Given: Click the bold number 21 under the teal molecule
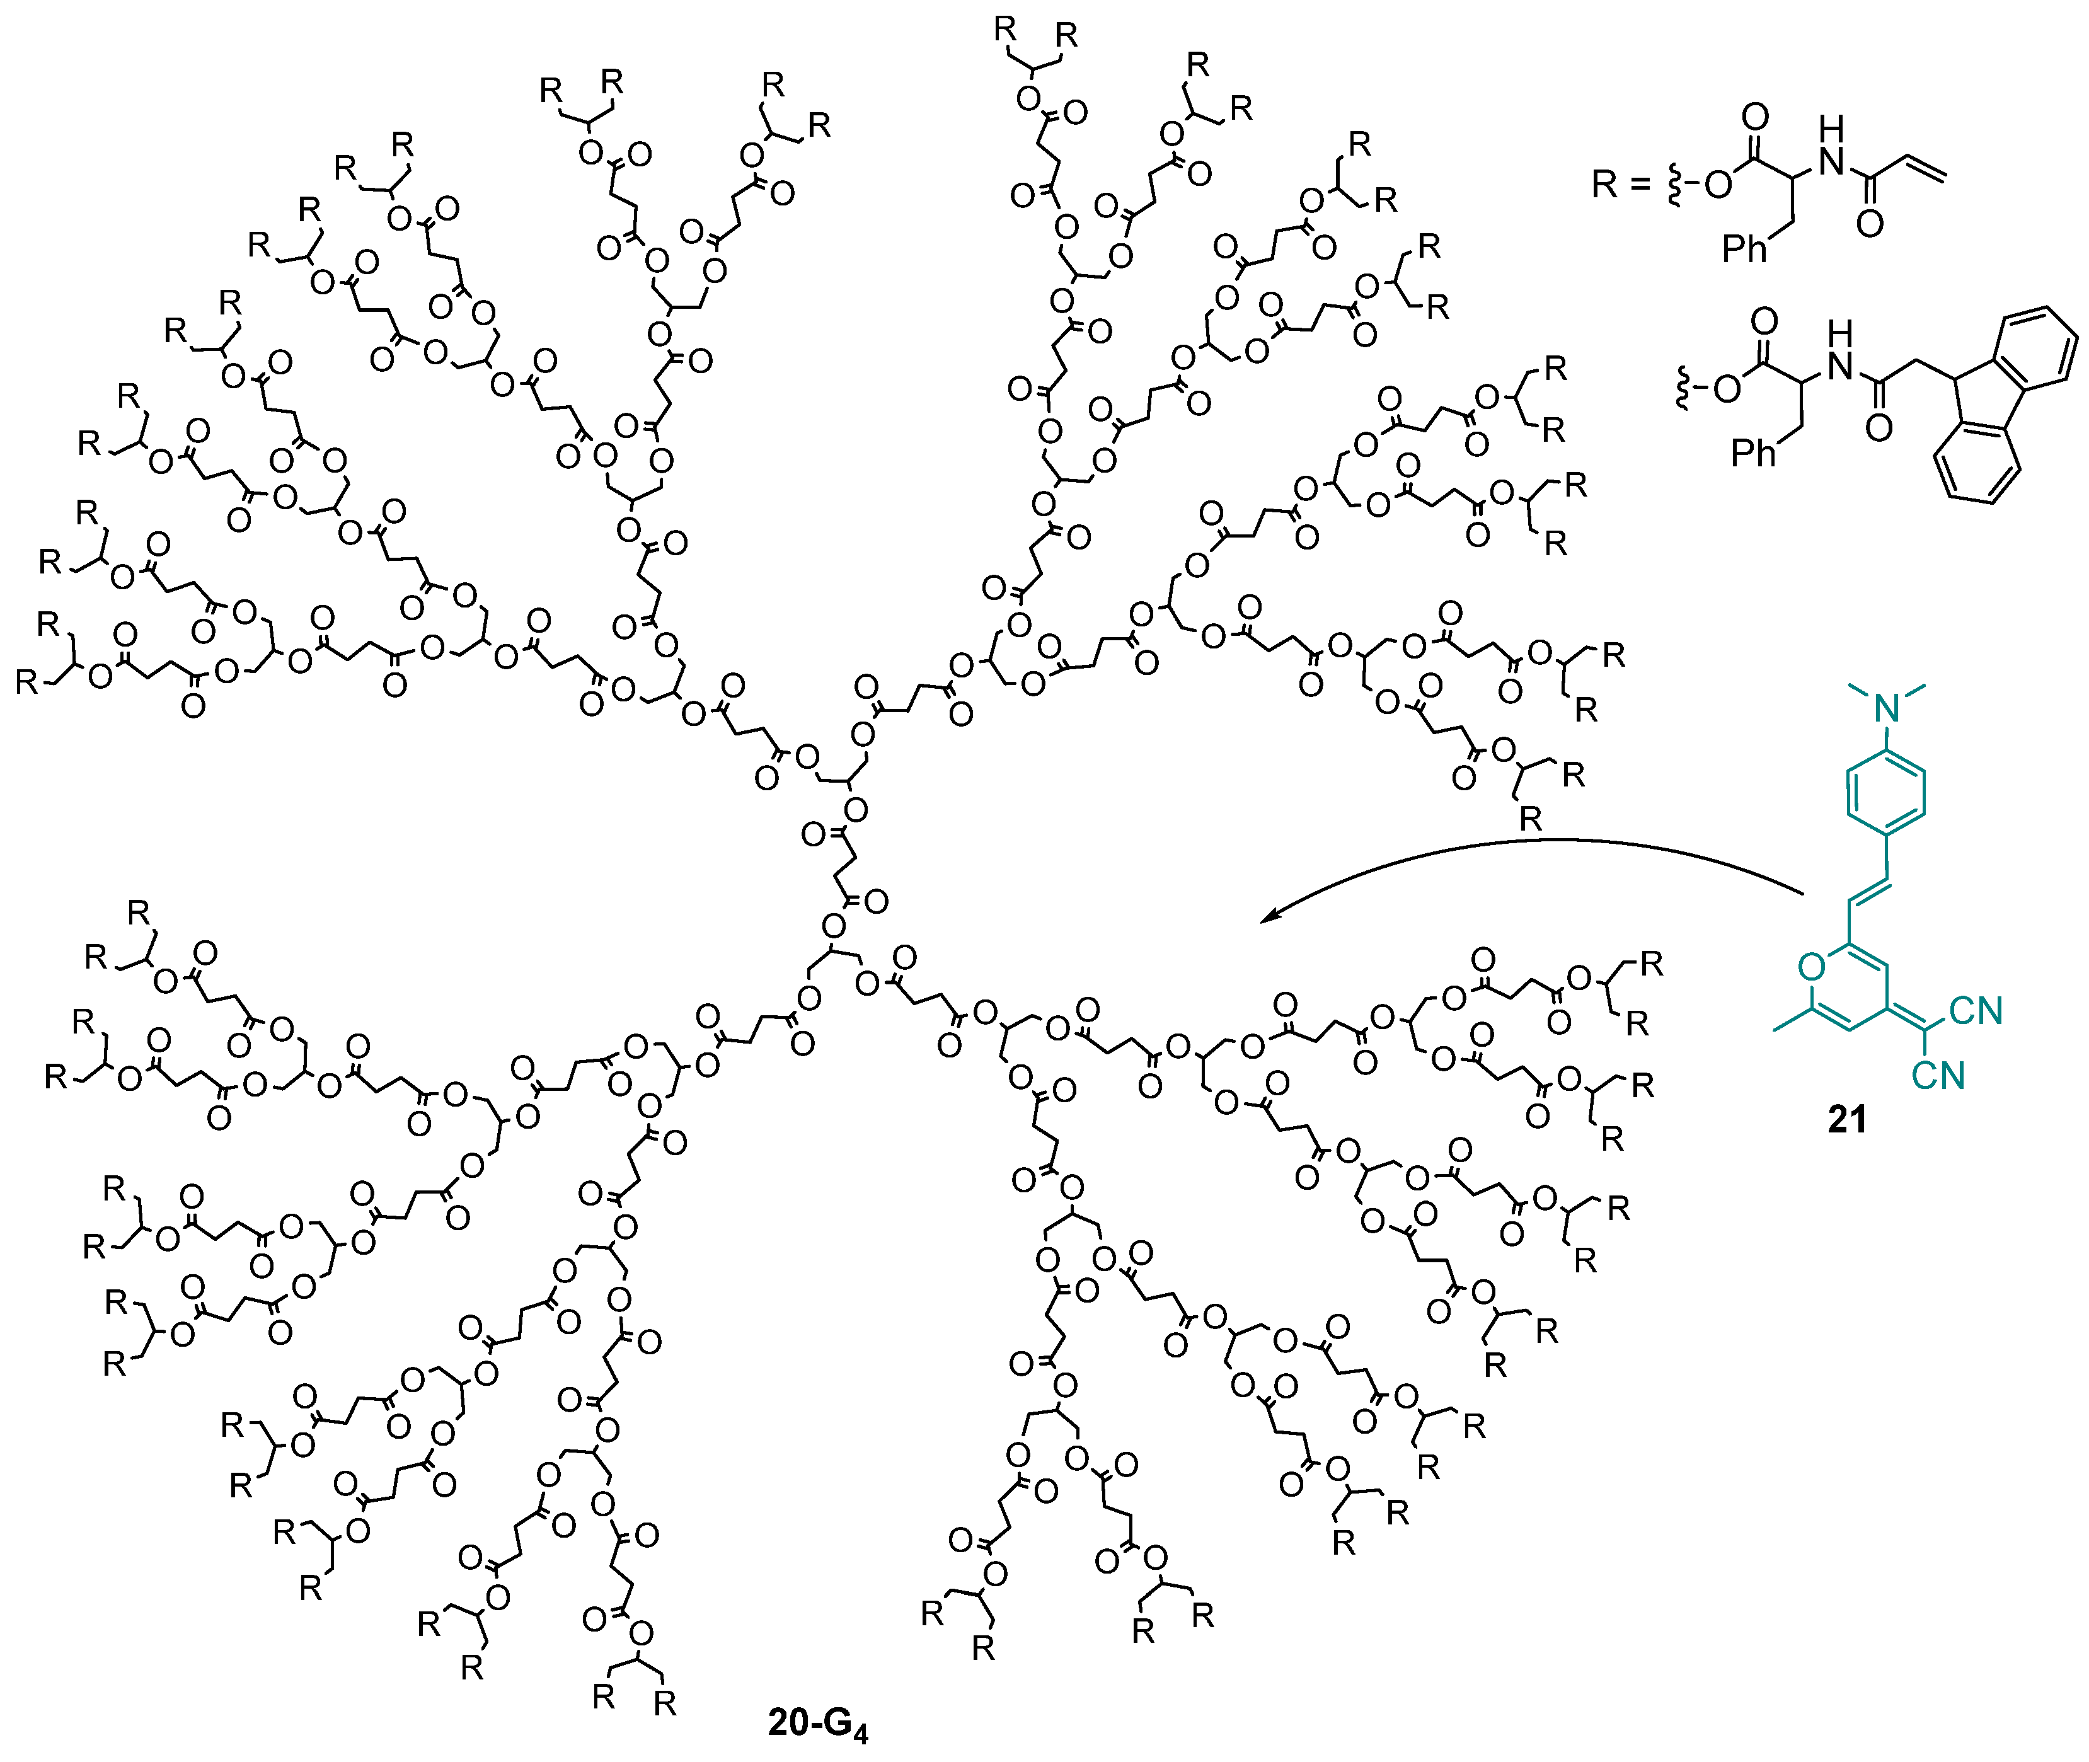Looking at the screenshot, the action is point(1846,1120).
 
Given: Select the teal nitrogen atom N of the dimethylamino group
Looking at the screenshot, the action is point(1885,708).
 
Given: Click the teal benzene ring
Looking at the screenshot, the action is point(1885,795).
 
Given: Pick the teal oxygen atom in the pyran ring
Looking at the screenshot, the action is point(1810,966).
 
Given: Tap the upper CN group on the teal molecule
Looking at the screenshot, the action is point(1975,1011).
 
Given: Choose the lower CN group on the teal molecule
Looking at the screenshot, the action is point(1938,1076).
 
